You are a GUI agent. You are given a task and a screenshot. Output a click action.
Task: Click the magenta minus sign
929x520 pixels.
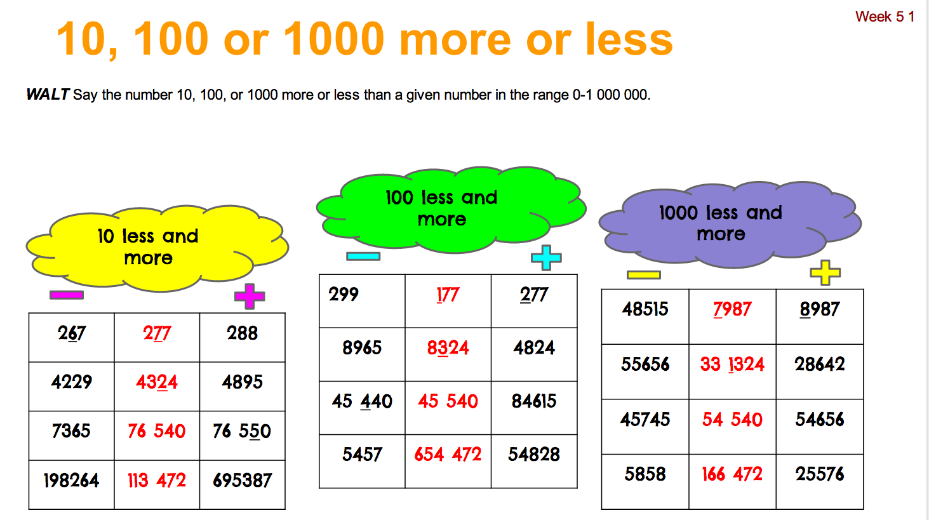tap(67, 295)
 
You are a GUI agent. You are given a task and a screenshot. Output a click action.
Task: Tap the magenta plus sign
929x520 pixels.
tap(250, 296)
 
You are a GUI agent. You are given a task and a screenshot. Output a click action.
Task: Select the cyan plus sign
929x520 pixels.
tap(546, 258)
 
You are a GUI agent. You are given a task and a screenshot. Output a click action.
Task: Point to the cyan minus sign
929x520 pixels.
tap(363, 257)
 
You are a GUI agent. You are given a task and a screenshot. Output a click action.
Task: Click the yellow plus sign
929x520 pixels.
tap(825, 272)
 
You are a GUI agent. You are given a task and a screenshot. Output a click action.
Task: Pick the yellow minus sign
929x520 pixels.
tap(643, 275)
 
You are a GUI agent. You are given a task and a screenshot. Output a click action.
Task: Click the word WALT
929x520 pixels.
tap(48, 95)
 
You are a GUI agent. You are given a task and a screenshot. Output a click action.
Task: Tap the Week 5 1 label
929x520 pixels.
tap(885, 17)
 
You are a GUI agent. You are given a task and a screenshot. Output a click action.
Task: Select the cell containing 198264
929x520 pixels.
tap(71, 481)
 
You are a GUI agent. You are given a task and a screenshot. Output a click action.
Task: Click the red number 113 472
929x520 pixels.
tap(157, 481)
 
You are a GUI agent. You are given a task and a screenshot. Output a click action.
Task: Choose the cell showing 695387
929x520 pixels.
tap(243, 481)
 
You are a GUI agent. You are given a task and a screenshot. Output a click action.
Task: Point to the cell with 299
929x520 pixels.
tap(344, 295)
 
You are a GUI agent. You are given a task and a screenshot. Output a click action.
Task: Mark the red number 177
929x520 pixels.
tap(448, 295)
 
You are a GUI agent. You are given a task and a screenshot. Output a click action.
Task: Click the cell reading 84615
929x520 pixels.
tap(534, 401)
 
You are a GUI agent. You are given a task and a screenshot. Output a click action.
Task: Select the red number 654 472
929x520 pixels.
tap(448, 455)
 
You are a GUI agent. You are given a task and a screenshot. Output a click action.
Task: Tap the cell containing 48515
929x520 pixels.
tap(645, 309)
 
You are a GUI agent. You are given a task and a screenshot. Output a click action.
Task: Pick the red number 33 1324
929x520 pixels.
tap(732, 364)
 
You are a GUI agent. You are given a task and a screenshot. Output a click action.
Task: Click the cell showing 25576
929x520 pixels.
tap(820, 474)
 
